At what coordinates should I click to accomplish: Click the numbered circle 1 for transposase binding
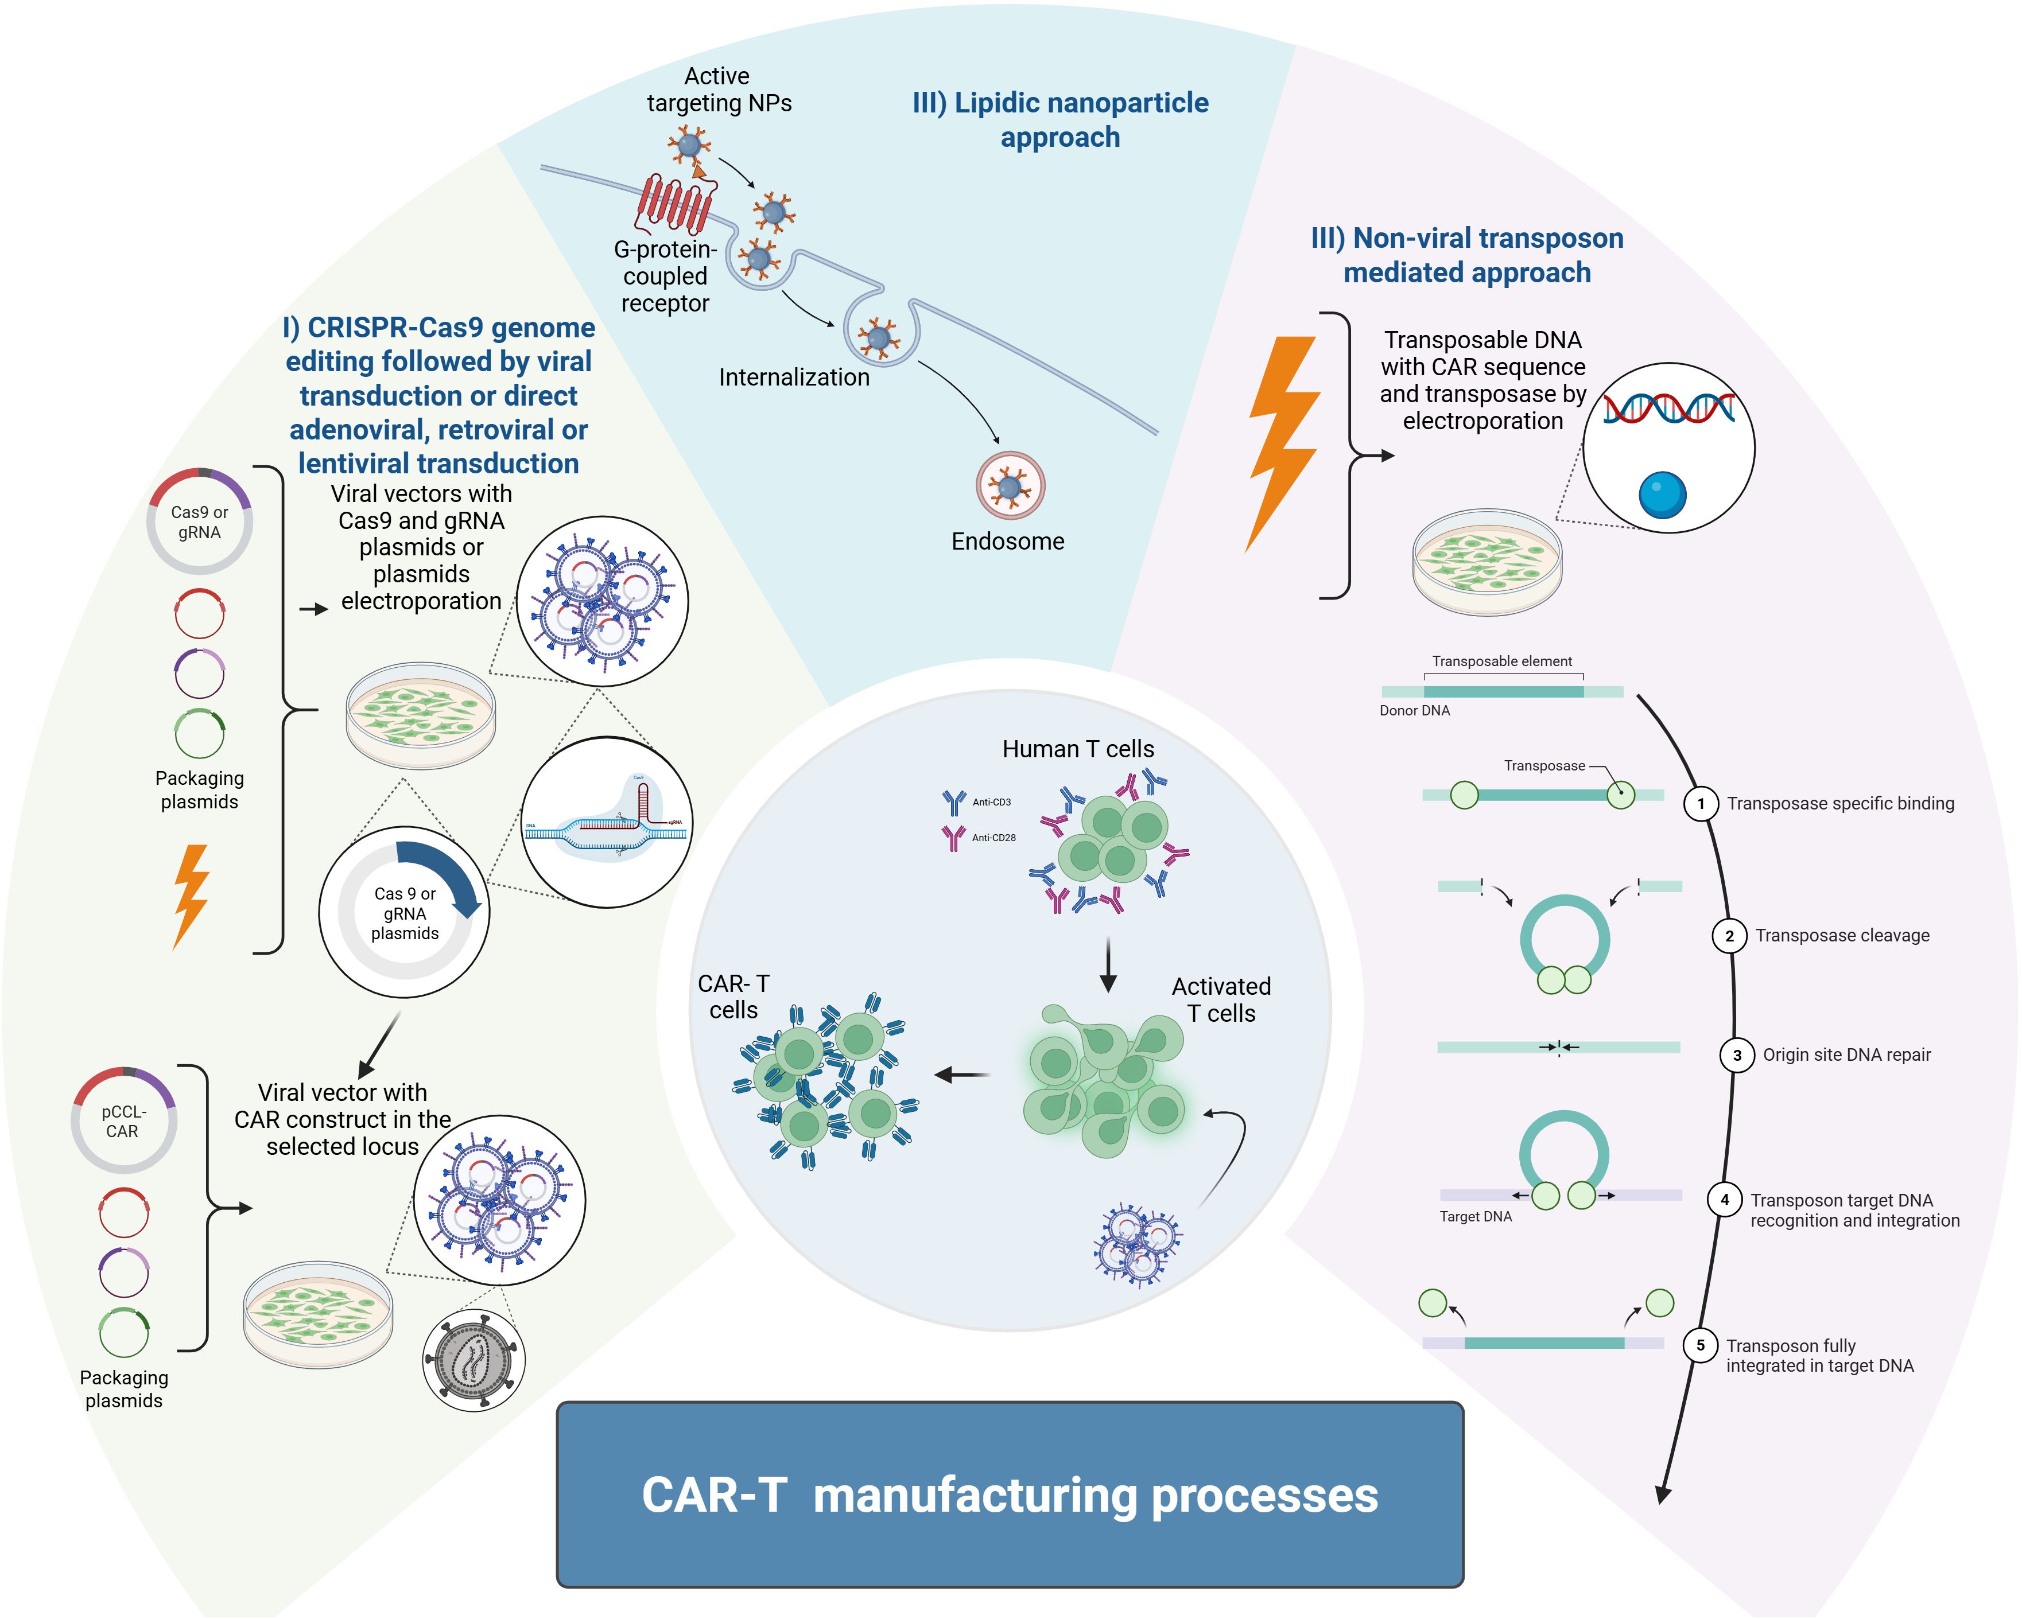coord(1701,803)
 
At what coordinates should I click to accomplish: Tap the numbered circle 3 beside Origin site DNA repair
coord(1736,1054)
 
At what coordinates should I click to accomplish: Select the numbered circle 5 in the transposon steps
coord(1701,1345)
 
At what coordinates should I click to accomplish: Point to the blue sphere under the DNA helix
coord(1662,494)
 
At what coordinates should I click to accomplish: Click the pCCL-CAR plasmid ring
coord(124,1120)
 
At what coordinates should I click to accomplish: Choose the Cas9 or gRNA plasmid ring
coord(199,521)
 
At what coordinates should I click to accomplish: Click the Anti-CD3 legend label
coord(991,803)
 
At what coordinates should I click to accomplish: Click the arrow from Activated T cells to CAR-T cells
coord(963,1075)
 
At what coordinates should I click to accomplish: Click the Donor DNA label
coord(1414,711)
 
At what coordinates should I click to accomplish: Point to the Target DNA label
coord(1475,1217)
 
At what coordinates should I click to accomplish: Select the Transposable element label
coord(1501,661)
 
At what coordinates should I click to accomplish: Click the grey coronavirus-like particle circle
coord(474,1359)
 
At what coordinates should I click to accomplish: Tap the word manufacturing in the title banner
coord(975,1495)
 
